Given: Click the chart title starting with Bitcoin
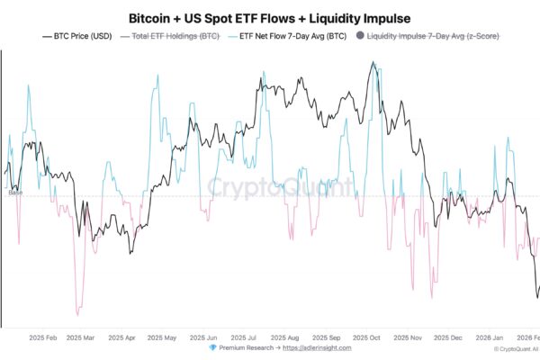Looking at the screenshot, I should tap(270, 17).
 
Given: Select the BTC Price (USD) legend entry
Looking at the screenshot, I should tap(78, 36).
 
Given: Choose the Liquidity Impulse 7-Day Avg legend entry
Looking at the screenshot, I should tap(435, 36).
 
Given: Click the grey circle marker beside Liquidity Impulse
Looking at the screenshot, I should tap(361, 36).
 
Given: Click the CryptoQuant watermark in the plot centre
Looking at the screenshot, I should tap(269, 187).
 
